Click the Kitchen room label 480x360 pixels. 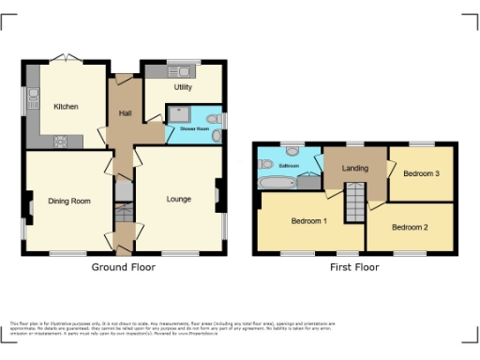coord(66,106)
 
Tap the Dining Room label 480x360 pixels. coord(69,201)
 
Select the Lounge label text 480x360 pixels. coord(179,199)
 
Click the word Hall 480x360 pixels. coord(125,113)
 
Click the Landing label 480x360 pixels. coord(354,169)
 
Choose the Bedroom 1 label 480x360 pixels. coord(308,221)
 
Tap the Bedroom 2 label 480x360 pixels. coord(410,227)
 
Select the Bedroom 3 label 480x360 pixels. coord(422,173)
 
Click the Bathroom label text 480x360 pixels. coord(289,166)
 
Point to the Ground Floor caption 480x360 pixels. coord(123,267)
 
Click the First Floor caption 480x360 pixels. coord(354,267)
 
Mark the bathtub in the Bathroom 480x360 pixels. coord(278,183)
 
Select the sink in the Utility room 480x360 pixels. coord(181,71)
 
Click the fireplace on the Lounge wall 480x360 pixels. coord(217,196)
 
